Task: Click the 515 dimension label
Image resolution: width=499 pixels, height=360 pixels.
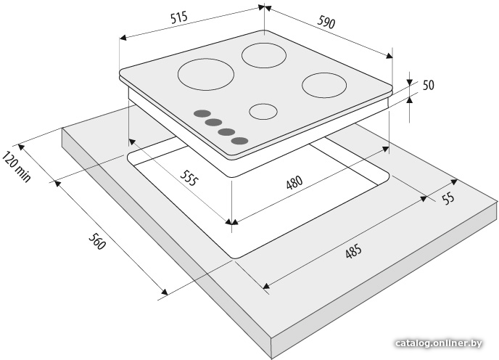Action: tap(179, 18)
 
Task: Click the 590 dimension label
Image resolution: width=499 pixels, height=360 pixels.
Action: tap(326, 22)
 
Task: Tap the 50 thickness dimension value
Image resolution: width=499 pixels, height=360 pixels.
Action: tap(429, 86)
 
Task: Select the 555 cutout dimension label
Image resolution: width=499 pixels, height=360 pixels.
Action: tap(189, 178)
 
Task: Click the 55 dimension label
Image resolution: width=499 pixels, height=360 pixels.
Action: tap(448, 199)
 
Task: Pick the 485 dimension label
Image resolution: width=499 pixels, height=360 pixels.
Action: tap(353, 251)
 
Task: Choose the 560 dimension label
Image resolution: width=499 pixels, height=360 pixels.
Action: tap(96, 242)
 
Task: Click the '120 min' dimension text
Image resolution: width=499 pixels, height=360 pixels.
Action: tap(17, 167)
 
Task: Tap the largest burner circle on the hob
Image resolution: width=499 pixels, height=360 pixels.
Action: tap(206, 75)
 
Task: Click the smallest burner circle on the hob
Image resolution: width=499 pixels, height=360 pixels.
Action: tap(263, 112)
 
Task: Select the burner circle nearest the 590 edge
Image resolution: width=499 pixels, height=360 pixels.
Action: tap(264, 55)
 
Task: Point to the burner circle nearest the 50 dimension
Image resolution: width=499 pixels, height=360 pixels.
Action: tap(324, 85)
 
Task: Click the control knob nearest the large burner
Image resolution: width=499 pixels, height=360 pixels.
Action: tap(202, 113)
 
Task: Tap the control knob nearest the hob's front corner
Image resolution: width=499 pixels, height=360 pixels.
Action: tap(239, 141)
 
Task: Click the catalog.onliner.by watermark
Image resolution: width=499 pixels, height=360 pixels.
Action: tap(438, 343)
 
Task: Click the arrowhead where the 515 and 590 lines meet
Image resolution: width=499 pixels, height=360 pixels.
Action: tap(265, 7)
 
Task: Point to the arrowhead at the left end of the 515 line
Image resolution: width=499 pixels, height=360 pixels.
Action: tap(123, 38)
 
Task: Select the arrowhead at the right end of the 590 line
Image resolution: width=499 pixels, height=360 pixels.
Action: tap(389, 56)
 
